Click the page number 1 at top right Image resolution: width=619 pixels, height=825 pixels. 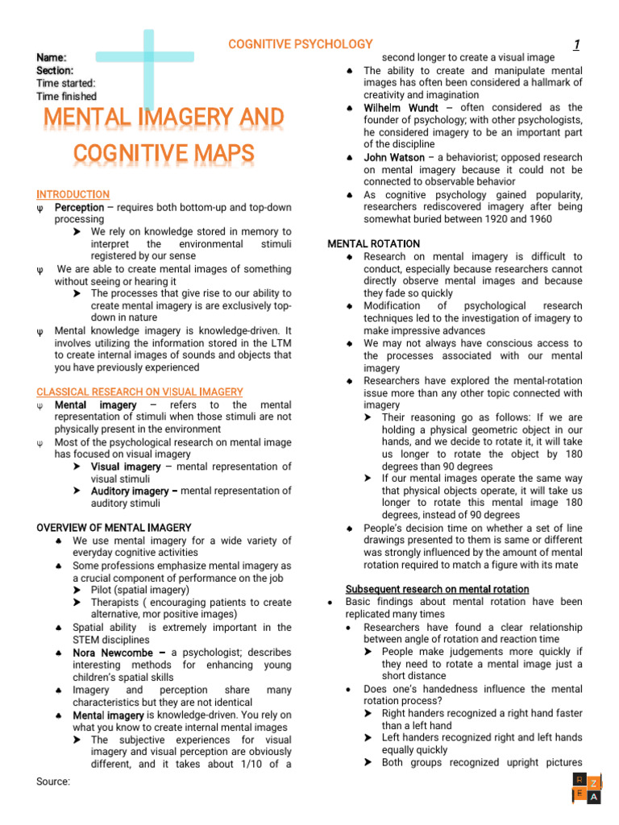[576, 45]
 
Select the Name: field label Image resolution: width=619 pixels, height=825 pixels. [52, 58]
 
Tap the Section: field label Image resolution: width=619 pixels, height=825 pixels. [55, 71]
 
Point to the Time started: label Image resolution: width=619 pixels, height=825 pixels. [65, 84]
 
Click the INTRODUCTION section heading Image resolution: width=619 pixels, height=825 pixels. [73, 195]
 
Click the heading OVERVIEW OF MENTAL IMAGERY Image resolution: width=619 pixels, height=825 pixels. [114, 528]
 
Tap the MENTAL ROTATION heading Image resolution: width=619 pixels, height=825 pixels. [374, 243]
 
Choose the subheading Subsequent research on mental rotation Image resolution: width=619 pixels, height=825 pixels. [437, 589]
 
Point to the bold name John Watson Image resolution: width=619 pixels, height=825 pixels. [394, 157]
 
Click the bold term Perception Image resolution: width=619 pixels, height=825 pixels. [79, 207]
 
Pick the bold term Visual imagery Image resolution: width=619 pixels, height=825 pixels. [126, 466]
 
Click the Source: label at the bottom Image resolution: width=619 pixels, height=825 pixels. [53, 781]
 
